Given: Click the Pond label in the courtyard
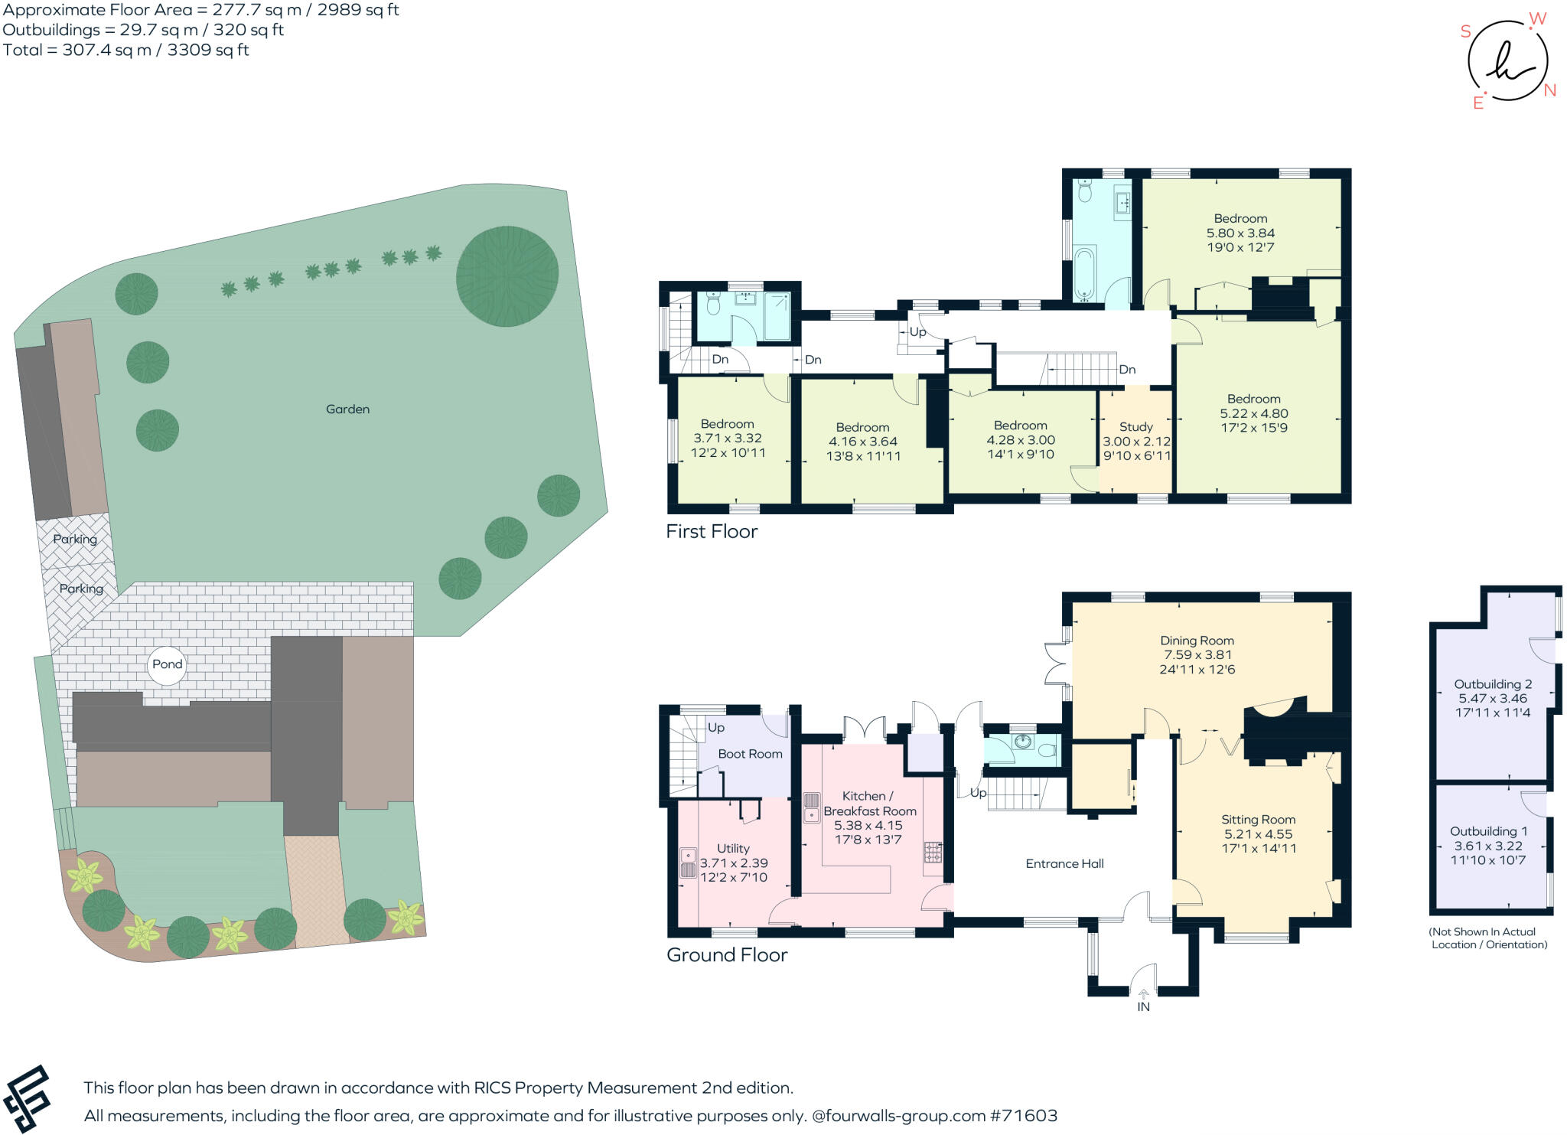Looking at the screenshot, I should pyautogui.click(x=167, y=664).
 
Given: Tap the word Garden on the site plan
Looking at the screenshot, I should pyautogui.click(x=347, y=409).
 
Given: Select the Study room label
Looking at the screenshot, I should pyautogui.click(x=1135, y=427).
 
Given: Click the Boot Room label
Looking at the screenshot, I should pyautogui.click(x=750, y=754).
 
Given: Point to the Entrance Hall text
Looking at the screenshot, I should pyautogui.click(x=1064, y=863).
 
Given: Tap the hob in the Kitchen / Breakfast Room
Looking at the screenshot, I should pyautogui.click(x=933, y=852).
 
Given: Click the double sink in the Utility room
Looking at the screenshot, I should pyautogui.click(x=688, y=863).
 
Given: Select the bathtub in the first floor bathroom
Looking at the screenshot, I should pyautogui.click(x=1084, y=272).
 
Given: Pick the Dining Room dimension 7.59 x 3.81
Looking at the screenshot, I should pyautogui.click(x=1197, y=655).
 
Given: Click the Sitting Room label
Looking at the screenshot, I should pyautogui.click(x=1258, y=820).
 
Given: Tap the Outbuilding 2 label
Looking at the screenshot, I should pyautogui.click(x=1493, y=684).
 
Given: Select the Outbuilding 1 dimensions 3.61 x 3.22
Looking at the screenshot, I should pyautogui.click(x=1487, y=846).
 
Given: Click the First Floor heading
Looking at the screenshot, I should pyautogui.click(x=712, y=531).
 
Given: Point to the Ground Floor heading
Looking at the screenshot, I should pyautogui.click(x=726, y=955).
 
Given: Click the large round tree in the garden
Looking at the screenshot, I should pyautogui.click(x=507, y=276).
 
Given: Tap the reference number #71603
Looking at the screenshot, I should pyautogui.click(x=1023, y=1115).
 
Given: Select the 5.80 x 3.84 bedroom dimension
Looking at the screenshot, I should pyautogui.click(x=1240, y=233).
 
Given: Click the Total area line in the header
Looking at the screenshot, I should pyautogui.click(x=125, y=51).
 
